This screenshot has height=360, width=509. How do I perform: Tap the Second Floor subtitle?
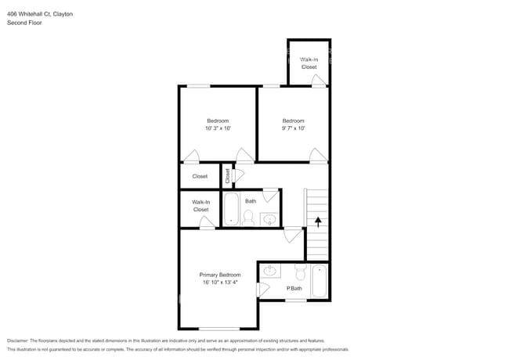coord(25,23)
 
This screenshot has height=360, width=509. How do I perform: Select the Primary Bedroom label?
coord(219,275)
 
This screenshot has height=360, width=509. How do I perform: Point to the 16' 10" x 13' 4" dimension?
coord(219,283)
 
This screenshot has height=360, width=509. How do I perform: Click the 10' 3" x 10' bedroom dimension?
coord(218,128)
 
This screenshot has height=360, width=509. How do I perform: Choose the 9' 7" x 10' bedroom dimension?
coord(293,128)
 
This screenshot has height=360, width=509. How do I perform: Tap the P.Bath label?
coord(294,289)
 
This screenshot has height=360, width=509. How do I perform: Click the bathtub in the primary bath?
coord(319,282)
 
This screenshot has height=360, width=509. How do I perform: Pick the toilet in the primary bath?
coord(299,272)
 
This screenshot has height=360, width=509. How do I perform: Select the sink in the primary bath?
coord(271,271)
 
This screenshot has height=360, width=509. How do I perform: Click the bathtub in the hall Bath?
coord(232,209)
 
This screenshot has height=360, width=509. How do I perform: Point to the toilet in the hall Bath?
coord(249,218)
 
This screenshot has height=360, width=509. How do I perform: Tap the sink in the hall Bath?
coord(269,218)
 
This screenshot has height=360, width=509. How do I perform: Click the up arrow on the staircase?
coord(318,222)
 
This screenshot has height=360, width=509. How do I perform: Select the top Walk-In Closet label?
coord(309,63)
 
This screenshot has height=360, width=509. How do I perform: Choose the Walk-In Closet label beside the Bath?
coord(200,206)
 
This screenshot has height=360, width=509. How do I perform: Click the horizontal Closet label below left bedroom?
coord(200,176)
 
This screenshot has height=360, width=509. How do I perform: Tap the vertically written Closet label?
coord(228,176)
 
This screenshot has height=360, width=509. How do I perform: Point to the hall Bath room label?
coord(251,201)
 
